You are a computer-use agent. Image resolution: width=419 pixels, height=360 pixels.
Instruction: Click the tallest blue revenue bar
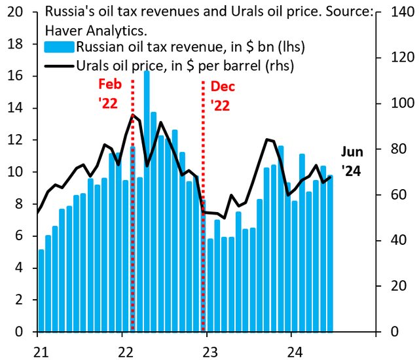click(146, 196)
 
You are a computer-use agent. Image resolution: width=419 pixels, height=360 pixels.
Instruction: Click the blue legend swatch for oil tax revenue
click(58, 47)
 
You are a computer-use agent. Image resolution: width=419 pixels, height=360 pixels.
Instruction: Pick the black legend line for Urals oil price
click(58, 65)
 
